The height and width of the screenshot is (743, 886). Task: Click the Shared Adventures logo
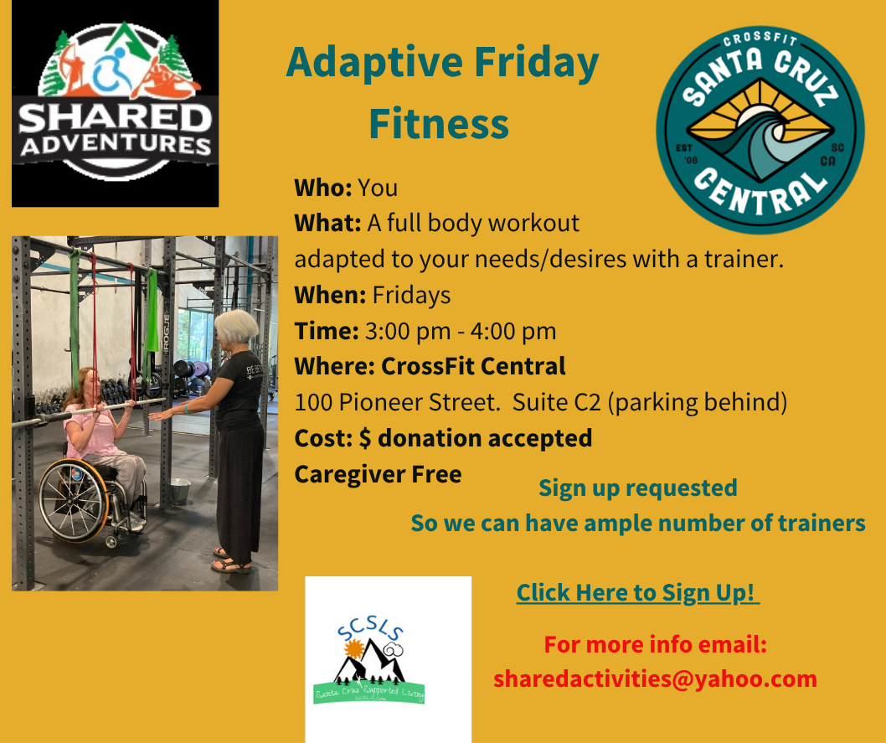115,103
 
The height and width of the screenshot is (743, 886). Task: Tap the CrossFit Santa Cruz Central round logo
760,129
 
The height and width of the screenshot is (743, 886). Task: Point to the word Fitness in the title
438,124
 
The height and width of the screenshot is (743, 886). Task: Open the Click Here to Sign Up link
637,592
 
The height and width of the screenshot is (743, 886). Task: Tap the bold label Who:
322,187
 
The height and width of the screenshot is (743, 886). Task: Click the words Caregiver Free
378,474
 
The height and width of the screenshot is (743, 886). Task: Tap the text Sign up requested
637,488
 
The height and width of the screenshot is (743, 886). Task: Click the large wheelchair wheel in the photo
75,500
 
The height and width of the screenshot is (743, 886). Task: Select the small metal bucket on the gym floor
180,490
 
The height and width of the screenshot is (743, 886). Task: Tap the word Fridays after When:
411,295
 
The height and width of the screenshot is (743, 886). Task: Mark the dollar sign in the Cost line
365,438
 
